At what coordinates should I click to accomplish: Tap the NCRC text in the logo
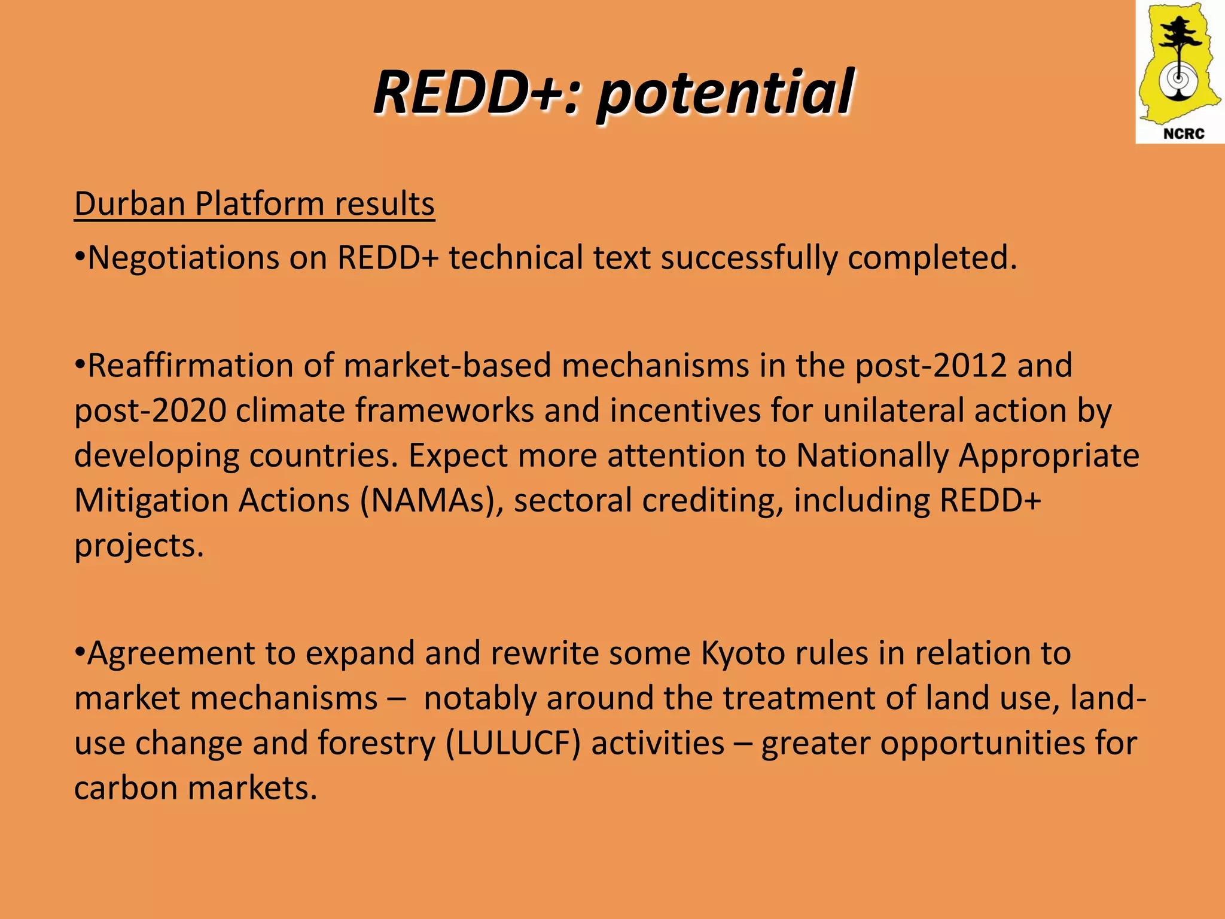coord(1183,133)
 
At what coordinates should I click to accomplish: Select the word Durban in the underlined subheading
coord(130,203)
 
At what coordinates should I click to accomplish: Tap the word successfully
coord(748,258)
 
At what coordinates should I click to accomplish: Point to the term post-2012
coord(931,366)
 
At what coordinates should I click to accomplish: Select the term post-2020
coord(150,410)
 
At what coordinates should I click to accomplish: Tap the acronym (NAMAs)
coord(431,500)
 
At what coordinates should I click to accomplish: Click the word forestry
coord(376,743)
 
